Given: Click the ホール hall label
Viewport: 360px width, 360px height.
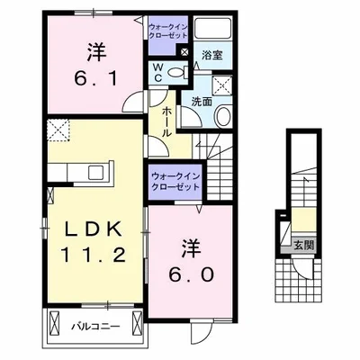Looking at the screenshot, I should pyautogui.click(x=168, y=118).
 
